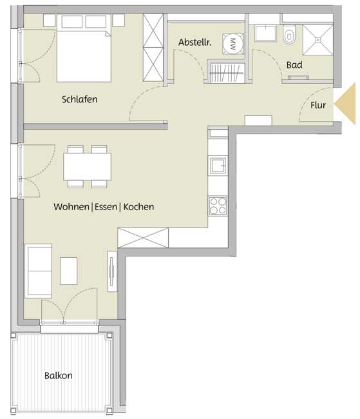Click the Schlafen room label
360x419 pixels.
point(79,99)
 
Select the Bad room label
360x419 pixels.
point(294,65)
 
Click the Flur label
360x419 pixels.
point(318,104)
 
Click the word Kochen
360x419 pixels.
point(138,208)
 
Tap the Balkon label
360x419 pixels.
point(58,375)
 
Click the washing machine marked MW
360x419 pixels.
point(231,43)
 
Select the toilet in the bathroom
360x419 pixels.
point(289,36)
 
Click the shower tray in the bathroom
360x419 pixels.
point(318,37)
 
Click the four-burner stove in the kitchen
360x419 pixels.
point(218,206)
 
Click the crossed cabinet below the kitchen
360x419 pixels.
point(143,238)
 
